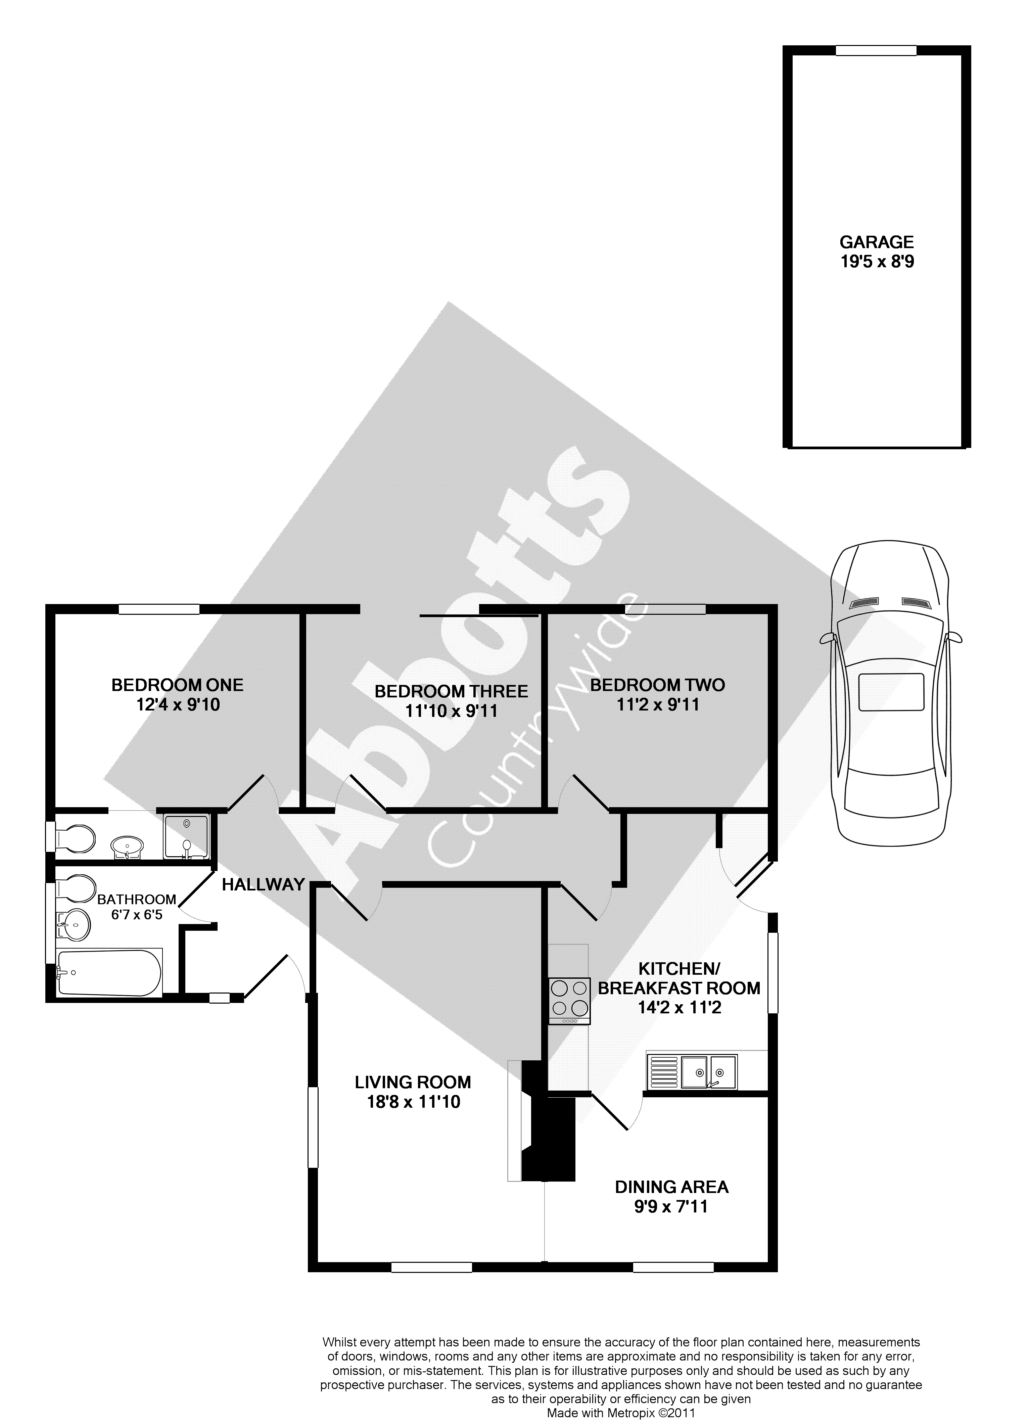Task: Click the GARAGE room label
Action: click(x=877, y=242)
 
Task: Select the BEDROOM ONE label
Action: click(x=177, y=685)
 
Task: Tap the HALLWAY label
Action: click(x=263, y=885)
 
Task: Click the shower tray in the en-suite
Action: click(x=186, y=837)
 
